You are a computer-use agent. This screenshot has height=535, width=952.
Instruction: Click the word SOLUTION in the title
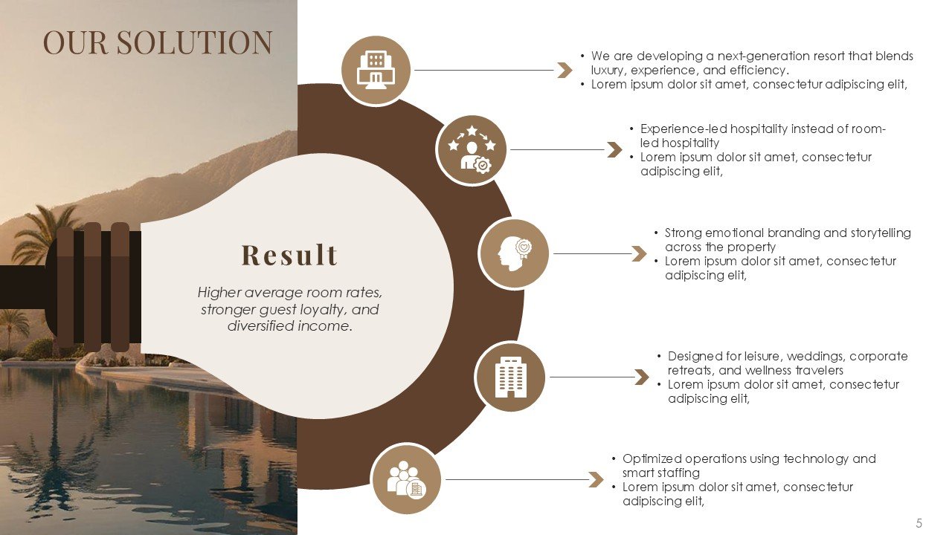(x=194, y=42)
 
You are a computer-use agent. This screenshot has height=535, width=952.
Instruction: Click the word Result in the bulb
(x=289, y=255)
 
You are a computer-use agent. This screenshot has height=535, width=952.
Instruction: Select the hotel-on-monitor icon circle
(x=376, y=71)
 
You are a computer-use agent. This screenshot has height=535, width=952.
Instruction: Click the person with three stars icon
(x=472, y=149)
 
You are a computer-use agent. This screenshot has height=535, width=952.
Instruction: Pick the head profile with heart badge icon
(x=514, y=253)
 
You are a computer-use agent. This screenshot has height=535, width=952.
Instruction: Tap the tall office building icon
(x=510, y=377)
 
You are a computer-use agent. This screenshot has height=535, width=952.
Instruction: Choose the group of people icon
(x=406, y=479)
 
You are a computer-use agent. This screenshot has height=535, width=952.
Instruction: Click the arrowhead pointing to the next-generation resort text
(x=565, y=71)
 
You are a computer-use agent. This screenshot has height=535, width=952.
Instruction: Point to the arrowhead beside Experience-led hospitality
(x=614, y=149)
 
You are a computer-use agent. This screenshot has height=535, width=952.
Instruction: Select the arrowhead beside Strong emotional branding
(x=639, y=253)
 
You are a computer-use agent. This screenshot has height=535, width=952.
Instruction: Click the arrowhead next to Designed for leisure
(x=642, y=377)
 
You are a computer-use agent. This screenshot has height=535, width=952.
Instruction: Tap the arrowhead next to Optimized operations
(x=596, y=480)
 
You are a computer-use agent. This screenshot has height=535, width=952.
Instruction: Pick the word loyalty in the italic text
(x=323, y=310)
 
